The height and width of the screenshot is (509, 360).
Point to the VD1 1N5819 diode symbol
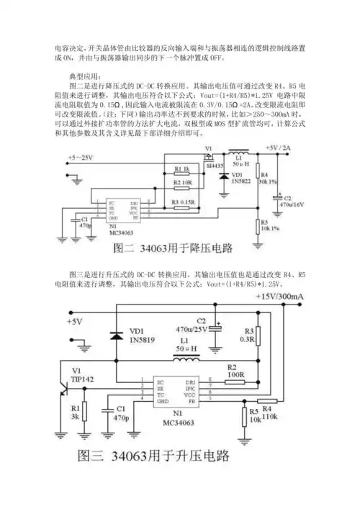coord(114,335)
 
